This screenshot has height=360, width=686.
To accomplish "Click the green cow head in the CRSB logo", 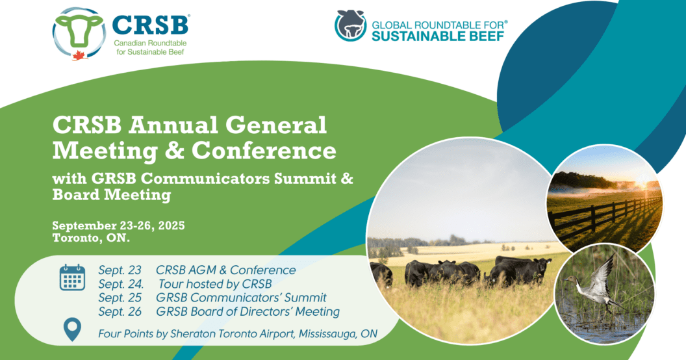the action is click(79, 29).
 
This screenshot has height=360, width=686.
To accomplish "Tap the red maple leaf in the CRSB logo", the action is click(80, 55).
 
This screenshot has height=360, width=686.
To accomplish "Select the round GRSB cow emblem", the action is click(350, 26).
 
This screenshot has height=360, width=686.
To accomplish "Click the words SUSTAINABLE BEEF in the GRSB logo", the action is click(438, 36).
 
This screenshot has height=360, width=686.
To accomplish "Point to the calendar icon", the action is click(72, 277).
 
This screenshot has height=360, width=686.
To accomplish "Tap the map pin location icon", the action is click(72, 329).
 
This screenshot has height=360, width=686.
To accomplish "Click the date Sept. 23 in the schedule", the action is click(120, 270).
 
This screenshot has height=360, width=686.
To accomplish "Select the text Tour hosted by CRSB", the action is click(215, 284).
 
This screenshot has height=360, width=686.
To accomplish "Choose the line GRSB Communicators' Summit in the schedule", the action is click(241, 298).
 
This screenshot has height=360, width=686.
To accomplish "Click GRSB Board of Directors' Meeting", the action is click(248, 311).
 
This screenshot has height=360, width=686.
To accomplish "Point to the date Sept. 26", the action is click(120, 311).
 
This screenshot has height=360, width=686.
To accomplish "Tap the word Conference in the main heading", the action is click(264, 151).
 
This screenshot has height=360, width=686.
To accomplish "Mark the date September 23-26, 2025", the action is click(119, 225).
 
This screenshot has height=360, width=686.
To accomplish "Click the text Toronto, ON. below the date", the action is click(91, 238).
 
